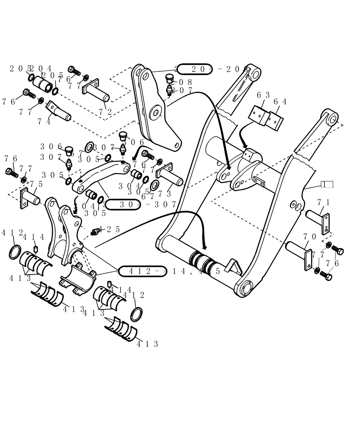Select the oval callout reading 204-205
coord(194,69)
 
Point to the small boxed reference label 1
coord(327,184)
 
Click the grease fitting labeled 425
coord(96,231)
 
